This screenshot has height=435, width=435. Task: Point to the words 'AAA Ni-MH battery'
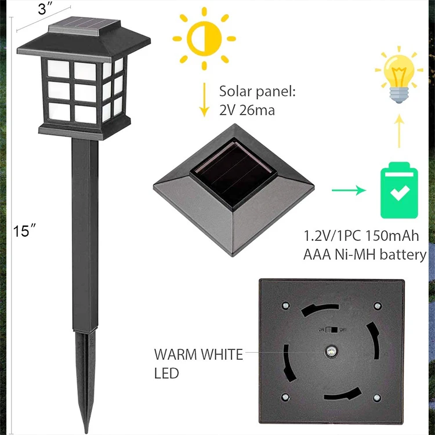365,255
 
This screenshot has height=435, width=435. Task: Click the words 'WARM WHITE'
198,354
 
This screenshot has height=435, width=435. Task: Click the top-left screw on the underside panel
284,305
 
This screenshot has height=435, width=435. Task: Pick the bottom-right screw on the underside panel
377,397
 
